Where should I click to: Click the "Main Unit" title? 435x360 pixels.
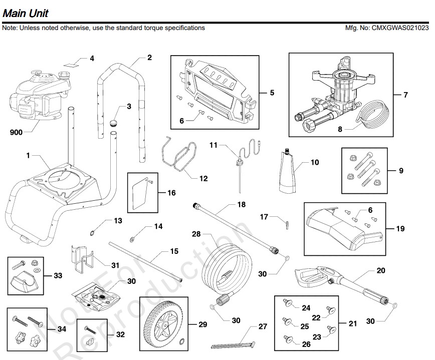point(26,12)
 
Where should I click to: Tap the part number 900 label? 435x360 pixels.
point(17,133)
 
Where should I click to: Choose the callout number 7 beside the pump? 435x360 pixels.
point(406,95)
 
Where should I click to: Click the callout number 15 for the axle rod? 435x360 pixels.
point(174,251)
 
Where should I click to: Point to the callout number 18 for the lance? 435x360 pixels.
point(241,205)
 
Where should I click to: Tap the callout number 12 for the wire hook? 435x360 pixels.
point(203,178)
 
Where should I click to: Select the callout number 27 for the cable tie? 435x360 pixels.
point(263,326)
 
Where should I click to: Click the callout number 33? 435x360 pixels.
point(59,275)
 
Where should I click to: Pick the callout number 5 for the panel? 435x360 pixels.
point(272,93)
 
